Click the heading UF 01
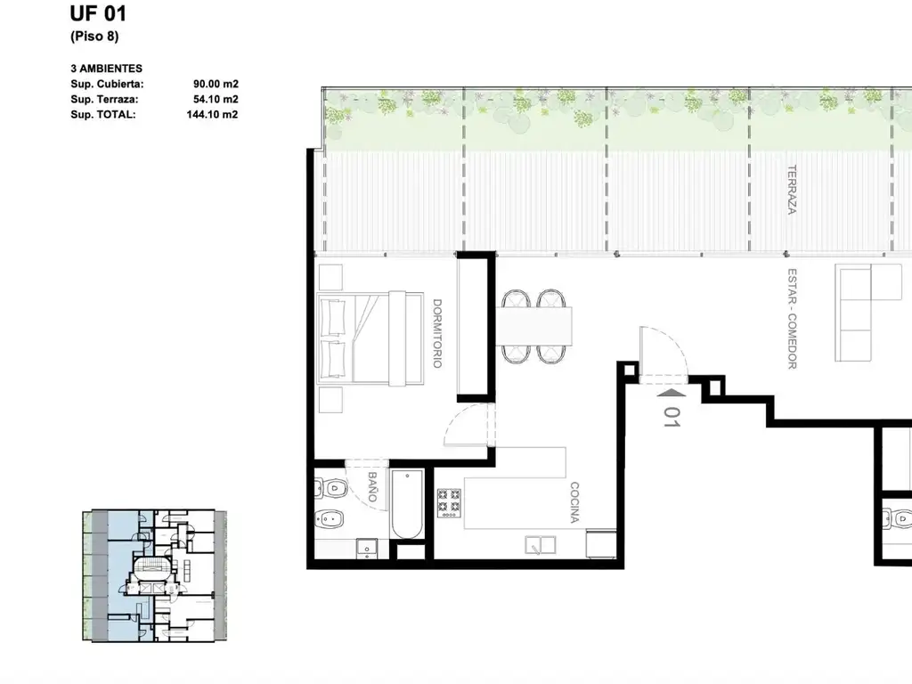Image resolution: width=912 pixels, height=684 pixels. click(x=98, y=13)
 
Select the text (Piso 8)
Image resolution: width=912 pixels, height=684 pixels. click(x=94, y=36)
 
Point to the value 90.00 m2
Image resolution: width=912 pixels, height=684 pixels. click(x=216, y=84)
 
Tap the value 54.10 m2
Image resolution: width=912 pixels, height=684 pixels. click(x=216, y=99)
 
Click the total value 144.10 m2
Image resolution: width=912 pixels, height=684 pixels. click(x=212, y=114)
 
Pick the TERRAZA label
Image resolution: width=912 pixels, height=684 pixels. click(x=792, y=190)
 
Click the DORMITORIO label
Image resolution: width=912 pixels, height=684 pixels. click(x=437, y=333)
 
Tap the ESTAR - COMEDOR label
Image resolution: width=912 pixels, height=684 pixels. click(x=792, y=318)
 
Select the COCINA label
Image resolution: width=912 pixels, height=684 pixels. click(x=574, y=502)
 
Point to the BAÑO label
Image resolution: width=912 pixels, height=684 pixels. click(x=372, y=486)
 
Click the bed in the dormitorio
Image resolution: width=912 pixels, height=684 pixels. click(x=370, y=338)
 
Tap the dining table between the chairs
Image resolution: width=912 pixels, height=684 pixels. click(x=534, y=326)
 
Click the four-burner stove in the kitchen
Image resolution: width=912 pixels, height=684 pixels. click(x=450, y=502)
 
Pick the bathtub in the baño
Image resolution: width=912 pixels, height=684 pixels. click(x=407, y=505)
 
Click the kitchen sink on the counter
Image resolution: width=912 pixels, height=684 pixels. click(x=541, y=545)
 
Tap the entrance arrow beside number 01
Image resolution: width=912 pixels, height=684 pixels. click(x=671, y=393)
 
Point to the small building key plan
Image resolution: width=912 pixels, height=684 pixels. click(x=155, y=576)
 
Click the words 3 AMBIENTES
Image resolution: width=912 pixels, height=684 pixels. click(x=107, y=69)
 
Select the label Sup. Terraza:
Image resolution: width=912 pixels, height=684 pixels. click(x=105, y=99)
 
